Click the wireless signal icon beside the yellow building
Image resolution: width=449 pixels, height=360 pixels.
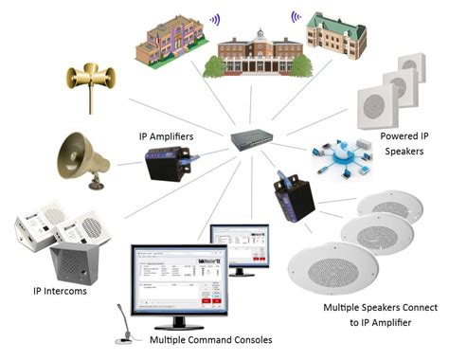(215, 18)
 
